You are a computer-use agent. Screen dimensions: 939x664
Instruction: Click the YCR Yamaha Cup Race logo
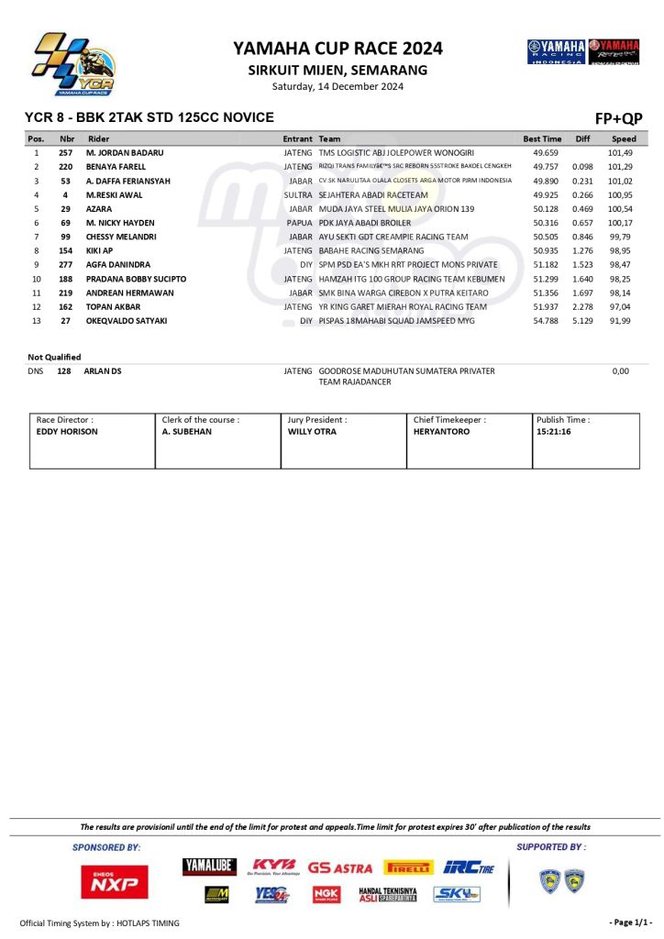(73, 64)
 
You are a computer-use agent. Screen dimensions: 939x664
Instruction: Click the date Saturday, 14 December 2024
(338, 86)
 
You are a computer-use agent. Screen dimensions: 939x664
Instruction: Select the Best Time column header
(542, 138)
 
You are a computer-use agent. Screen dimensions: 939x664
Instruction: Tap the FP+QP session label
(619, 118)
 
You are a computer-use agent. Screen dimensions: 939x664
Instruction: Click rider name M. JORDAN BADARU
(125, 152)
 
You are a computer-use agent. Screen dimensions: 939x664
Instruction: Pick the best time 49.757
(546, 167)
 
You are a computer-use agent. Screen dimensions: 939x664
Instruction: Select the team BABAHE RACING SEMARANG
(371, 250)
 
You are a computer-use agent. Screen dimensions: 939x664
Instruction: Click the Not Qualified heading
(54, 357)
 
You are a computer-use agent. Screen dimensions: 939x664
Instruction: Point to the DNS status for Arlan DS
(37, 371)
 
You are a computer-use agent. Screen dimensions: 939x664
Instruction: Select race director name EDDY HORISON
(67, 431)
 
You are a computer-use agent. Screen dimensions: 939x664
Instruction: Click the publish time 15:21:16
(554, 431)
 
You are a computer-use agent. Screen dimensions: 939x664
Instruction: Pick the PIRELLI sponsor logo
(408, 867)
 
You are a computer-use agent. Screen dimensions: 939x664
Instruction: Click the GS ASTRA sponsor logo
(339, 867)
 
